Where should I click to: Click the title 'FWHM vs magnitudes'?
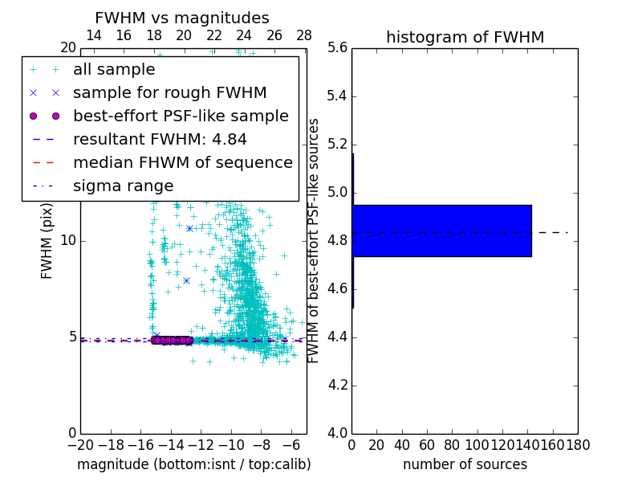[x=181, y=18]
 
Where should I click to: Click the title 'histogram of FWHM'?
[x=465, y=37]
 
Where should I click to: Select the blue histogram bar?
[x=441, y=231]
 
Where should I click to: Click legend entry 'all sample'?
[x=114, y=70]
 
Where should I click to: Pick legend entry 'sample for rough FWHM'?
[x=169, y=93]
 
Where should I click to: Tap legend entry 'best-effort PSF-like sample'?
[x=181, y=116]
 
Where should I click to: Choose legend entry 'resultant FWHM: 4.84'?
[x=160, y=140]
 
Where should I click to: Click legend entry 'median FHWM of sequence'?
[x=182, y=163]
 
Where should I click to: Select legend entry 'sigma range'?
[x=123, y=186]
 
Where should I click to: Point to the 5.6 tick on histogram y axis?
[x=337, y=48]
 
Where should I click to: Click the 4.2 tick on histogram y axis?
[x=337, y=385]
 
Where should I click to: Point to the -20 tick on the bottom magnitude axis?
[x=80, y=444]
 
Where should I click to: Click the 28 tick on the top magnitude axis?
[x=304, y=36]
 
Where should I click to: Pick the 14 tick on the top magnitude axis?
[x=93, y=36]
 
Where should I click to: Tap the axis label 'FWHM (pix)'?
[x=47, y=241]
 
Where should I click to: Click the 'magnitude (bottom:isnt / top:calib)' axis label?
[x=193, y=464]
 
